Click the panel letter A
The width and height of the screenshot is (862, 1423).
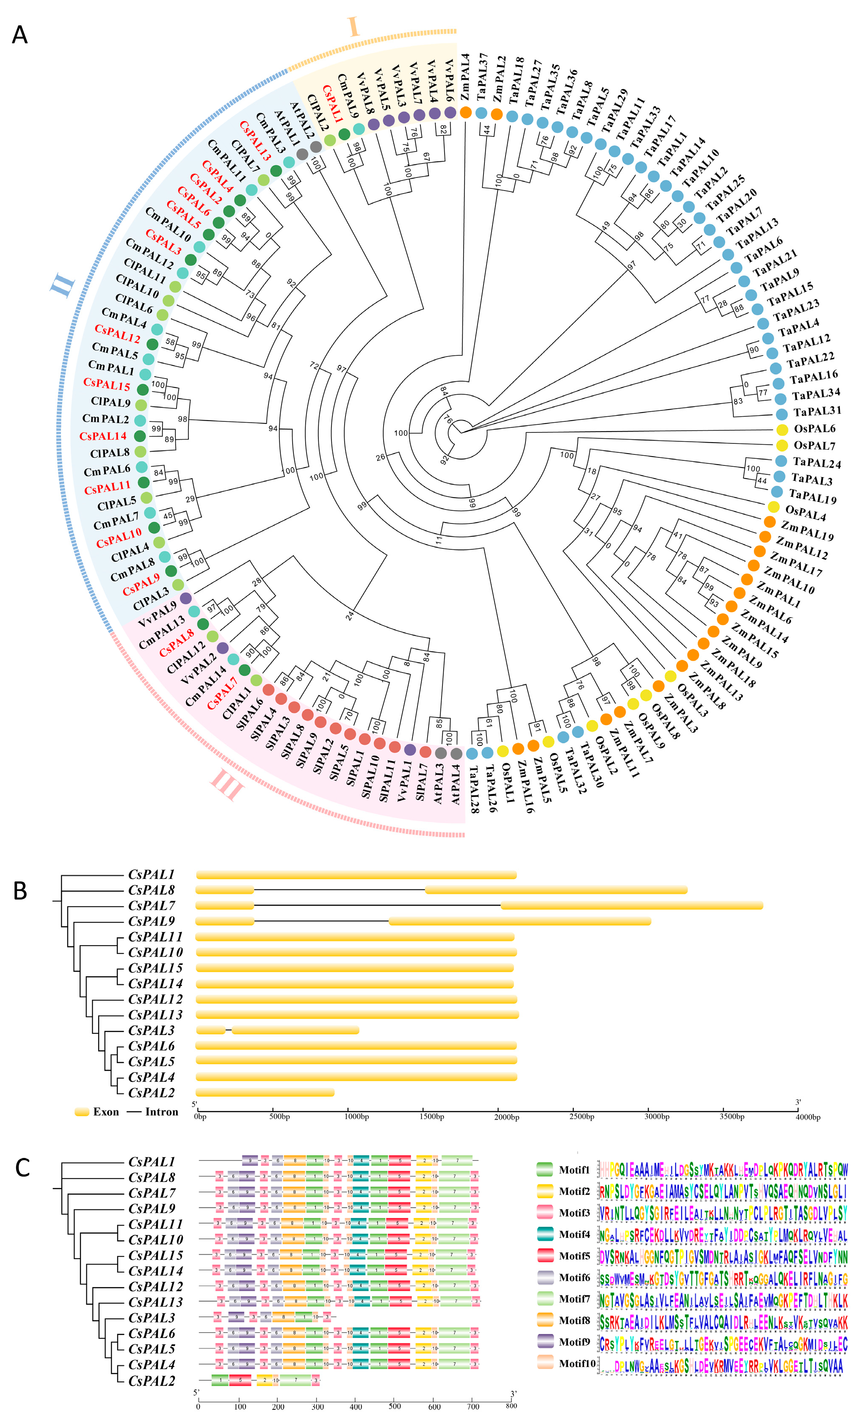19,35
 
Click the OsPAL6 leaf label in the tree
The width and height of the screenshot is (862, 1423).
814,429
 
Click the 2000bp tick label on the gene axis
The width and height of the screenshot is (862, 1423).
506,1117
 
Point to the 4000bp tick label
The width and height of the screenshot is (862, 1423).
808,1117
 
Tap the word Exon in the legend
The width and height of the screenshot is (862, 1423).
106,1112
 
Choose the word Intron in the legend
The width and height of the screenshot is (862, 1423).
162,1112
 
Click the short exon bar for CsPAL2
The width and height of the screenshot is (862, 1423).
265,1092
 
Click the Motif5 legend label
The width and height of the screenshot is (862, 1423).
574,1256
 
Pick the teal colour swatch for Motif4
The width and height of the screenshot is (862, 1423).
544,1234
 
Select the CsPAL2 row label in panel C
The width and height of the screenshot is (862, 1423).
151,1381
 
